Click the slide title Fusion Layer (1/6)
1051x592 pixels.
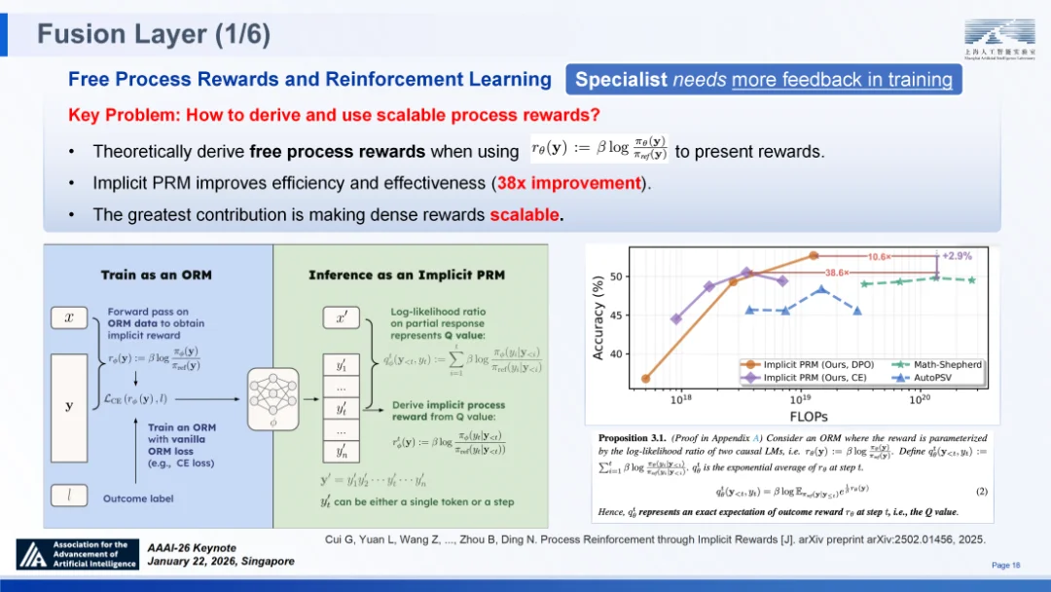[153, 35]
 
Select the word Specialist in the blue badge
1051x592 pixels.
[621, 80]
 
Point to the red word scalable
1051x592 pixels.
[525, 214]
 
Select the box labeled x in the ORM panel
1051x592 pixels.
[68, 317]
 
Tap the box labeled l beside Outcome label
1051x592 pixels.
[68, 499]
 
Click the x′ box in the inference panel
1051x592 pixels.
[341, 317]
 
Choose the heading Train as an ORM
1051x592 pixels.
[157, 276]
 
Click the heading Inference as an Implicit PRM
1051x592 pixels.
[407, 276]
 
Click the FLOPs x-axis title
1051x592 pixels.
[802, 416]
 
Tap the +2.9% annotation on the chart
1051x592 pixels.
[958, 255]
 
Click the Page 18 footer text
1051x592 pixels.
[1005, 565]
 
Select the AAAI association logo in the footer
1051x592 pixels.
[78, 554]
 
